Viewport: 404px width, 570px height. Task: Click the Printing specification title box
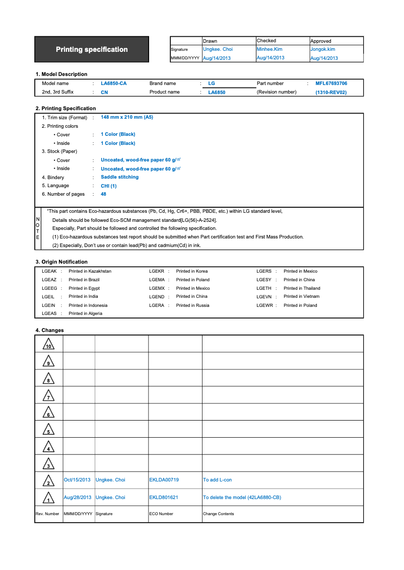(x=92, y=49)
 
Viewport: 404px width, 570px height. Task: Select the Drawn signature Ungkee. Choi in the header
(x=218, y=49)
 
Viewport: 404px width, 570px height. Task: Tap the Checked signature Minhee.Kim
(x=270, y=49)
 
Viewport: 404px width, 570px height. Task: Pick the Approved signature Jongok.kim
(x=322, y=49)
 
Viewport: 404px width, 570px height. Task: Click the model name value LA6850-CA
(x=114, y=84)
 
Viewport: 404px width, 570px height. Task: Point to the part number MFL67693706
(x=331, y=84)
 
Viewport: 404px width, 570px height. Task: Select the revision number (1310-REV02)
(x=331, y=93)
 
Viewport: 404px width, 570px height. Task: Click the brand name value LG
(x=212, y=84)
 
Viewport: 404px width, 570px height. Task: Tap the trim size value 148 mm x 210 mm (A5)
(x=127, y=117)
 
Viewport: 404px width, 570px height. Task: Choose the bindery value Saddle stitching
(x=119, y=177)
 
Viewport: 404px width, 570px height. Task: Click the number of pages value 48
(x=103, y=194)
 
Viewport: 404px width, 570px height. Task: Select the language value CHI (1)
(x=109, y=186)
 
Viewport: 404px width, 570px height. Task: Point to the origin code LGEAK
(x=49, y=271)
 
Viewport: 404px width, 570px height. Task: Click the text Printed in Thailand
(x=302, y=288)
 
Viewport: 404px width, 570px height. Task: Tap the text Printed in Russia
(x=192, y=305)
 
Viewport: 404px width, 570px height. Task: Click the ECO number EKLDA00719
(x=164, y=480)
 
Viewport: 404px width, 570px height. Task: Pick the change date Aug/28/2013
(x=78, y=497)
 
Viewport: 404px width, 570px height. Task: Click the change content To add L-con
(x=217, y=480)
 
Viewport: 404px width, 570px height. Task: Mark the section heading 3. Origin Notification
(x=61, y=262)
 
